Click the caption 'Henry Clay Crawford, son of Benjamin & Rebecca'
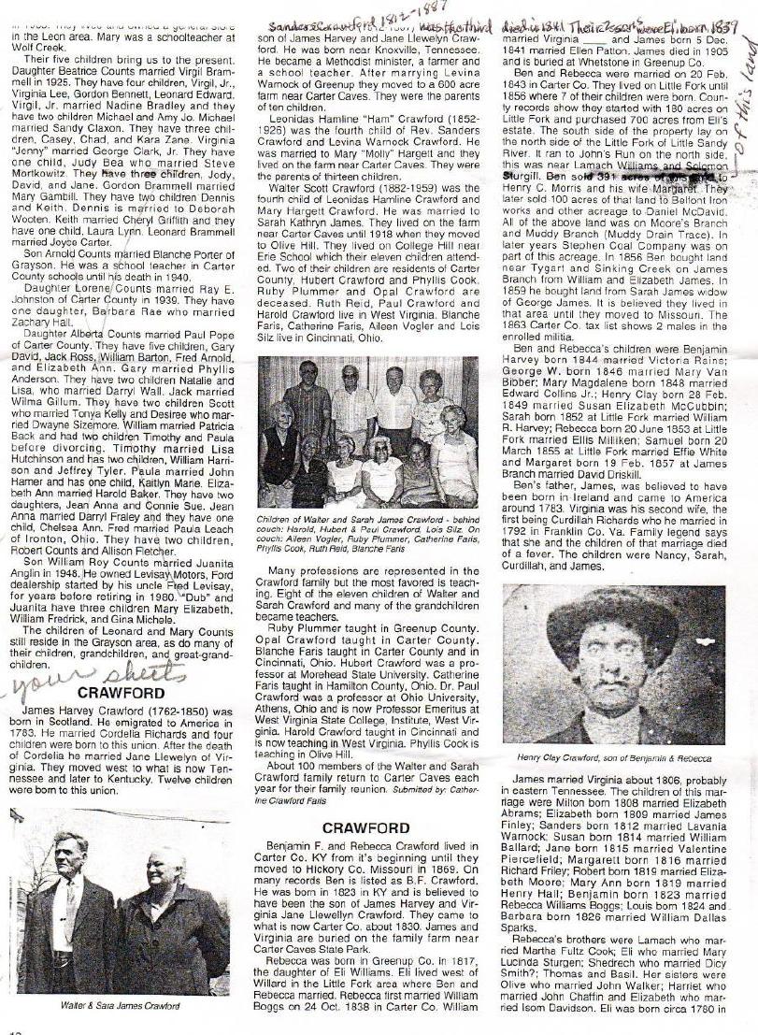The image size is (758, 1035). [x=615, y=755]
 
